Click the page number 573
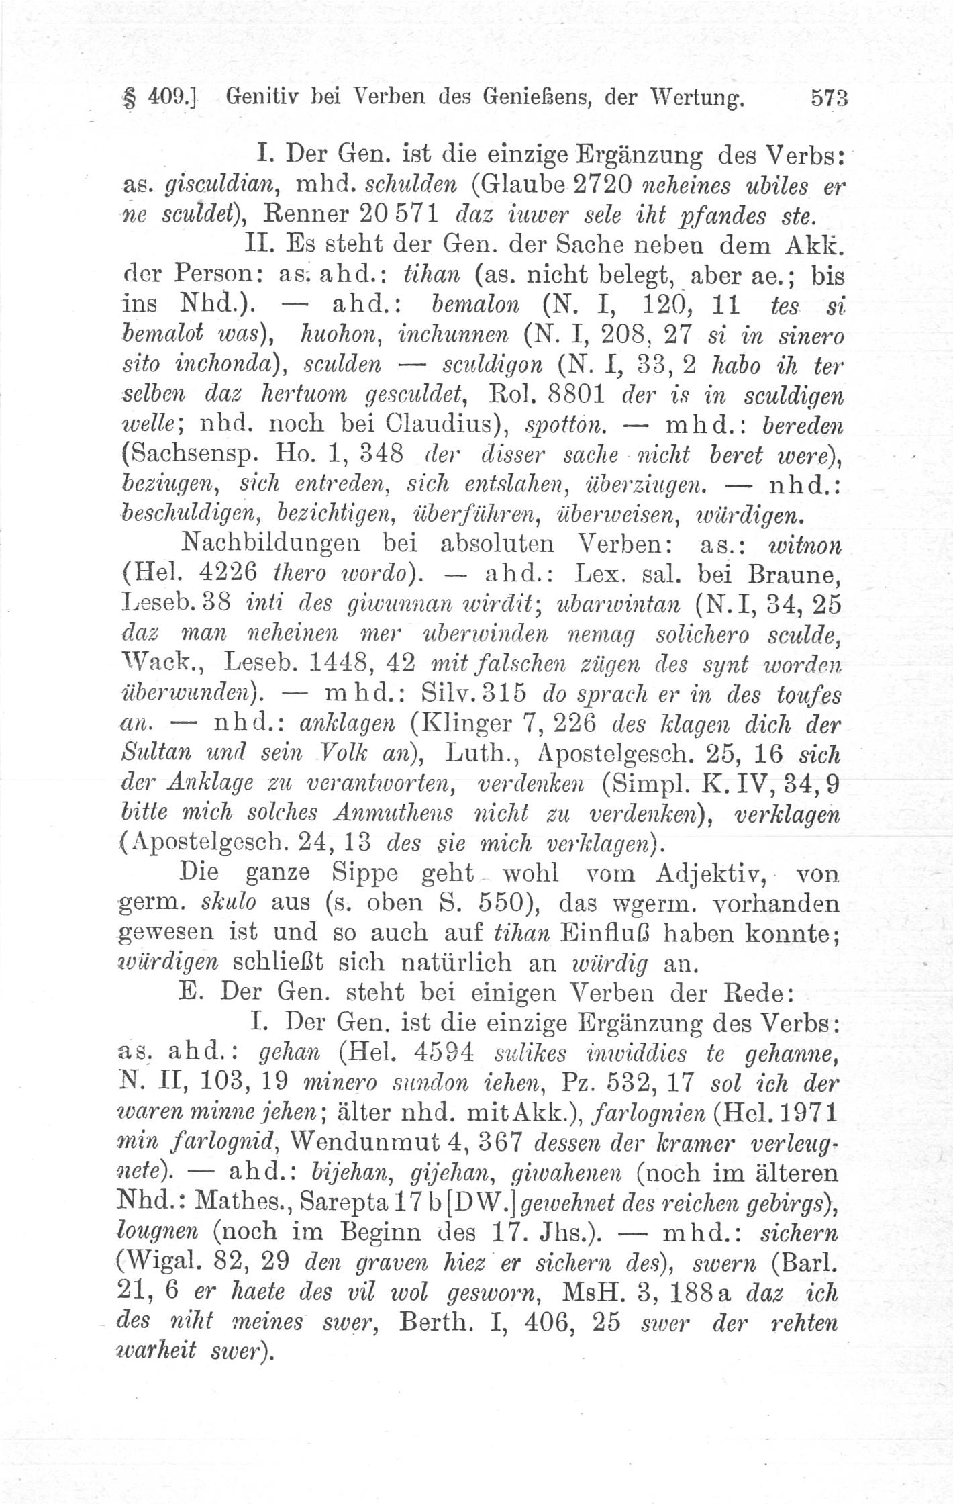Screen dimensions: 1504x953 coord(830,99)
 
